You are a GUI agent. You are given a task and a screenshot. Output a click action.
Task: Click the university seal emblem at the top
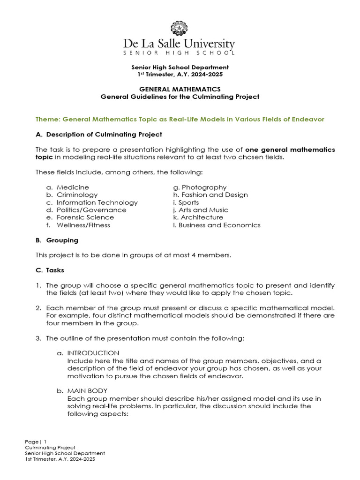pyautogui.click(x=180, y=29)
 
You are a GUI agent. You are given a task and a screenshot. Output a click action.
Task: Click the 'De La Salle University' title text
pyautogui.click(x=180, y=45)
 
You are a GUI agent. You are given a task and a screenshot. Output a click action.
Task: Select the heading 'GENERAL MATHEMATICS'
pyautogui.click(x=180, y=89)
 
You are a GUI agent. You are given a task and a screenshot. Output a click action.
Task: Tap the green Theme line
pyautogui.click(x=180, y=120)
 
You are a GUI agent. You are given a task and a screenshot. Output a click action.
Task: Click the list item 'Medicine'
pyautogui.click(x=73, y=187)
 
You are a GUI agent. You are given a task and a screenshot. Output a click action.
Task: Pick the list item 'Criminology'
pyautogui.click(x=77, y=195)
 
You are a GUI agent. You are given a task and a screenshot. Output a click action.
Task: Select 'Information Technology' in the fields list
pyautogui.click(x=97, y=202)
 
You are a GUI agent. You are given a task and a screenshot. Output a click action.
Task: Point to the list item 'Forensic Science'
pyautogui.click(x=85, y=217)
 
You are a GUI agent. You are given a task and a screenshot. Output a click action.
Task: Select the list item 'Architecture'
pyautogui.click(x=202, y=217)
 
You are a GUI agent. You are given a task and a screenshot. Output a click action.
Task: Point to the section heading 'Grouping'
pyautogui.click(x=62, y=240)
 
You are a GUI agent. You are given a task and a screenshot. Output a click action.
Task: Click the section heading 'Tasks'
pyautogui.click(x=55, y=270)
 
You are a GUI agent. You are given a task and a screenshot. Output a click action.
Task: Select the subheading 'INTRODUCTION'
pyautogui.click(x=93, y=353)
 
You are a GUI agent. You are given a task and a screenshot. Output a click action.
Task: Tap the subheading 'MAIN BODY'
pyautogui.click(x=88, y=390)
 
